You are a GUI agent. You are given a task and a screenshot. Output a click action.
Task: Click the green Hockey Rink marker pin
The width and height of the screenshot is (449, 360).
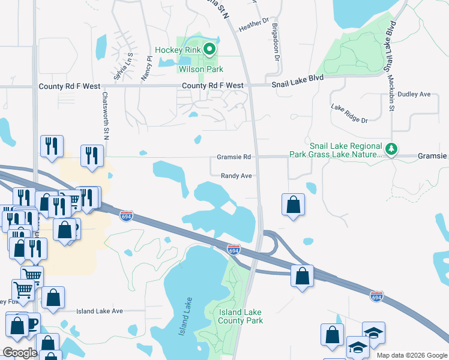click(209, 50)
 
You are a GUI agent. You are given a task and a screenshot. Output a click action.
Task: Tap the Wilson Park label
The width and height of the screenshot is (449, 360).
click(200, 70)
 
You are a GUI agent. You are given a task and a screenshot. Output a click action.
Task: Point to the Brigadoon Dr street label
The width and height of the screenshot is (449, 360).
click(276, 42)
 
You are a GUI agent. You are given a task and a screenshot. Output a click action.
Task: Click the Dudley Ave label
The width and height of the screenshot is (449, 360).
click(414, 94)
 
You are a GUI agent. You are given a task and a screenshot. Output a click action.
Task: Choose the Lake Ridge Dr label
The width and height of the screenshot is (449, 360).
click(349, 112)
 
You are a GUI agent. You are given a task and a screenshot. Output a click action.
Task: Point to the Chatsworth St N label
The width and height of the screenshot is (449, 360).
click(105, 115)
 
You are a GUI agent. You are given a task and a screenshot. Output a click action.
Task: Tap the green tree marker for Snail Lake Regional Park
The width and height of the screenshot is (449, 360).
click(391, 149)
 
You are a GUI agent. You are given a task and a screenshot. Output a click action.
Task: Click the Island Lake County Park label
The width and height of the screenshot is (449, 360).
click(241, 316)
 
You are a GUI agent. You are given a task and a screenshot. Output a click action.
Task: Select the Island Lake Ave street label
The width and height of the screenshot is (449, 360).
click(99, 311)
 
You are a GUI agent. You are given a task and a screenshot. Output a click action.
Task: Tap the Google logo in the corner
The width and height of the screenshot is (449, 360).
click(20, 353)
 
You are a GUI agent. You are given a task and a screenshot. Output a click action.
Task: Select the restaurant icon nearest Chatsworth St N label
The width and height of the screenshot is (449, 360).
click(92, 155)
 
